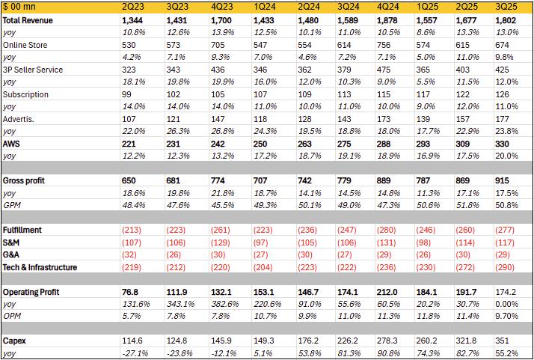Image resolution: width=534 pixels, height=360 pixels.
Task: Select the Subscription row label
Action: tap(26, 95)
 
